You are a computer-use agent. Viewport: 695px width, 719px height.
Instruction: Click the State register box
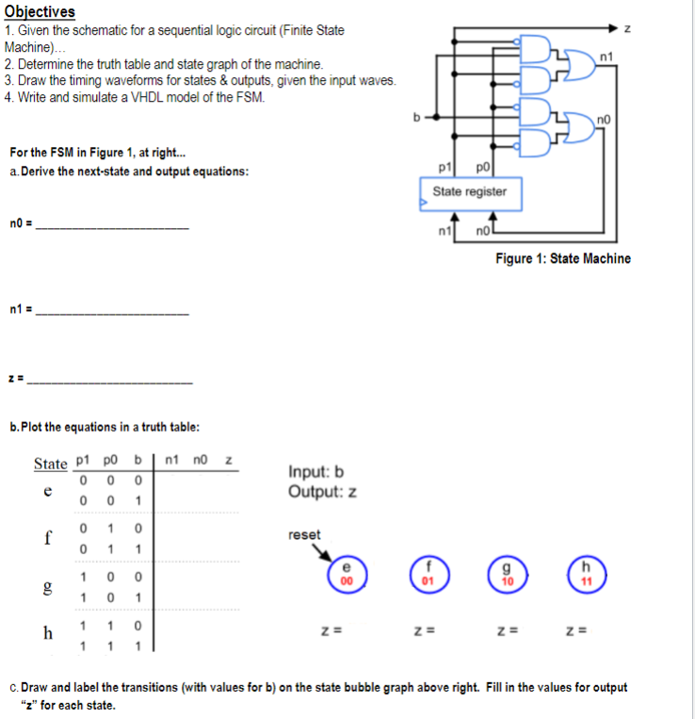tap(469, 192)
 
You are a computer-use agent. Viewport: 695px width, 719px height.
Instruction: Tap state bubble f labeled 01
tap(427, 575)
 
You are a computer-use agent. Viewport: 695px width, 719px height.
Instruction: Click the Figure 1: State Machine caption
tap(563, 258)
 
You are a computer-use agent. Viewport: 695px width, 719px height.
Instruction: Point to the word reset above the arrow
tap(304, 534)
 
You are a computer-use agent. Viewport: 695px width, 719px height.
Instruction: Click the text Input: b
tap(315, 472)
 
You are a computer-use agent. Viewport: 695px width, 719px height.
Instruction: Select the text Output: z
tap(322, 492)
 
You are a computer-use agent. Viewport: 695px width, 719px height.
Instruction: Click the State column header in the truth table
tap(51, 464)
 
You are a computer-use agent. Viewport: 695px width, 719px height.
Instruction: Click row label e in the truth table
tap(47, 492)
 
